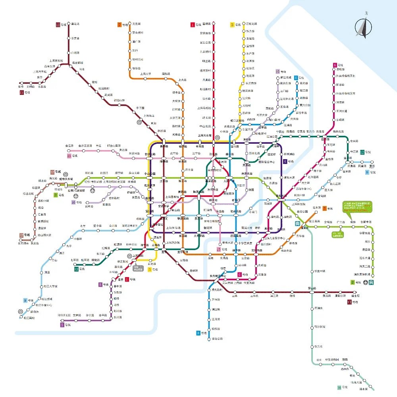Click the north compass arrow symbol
363,27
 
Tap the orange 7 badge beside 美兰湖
119,25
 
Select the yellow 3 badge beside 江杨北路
233,25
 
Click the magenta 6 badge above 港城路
335,65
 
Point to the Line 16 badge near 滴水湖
339,387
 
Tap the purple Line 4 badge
285,161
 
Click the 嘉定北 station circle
67,25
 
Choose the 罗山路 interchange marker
312,292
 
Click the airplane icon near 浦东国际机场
371,283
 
